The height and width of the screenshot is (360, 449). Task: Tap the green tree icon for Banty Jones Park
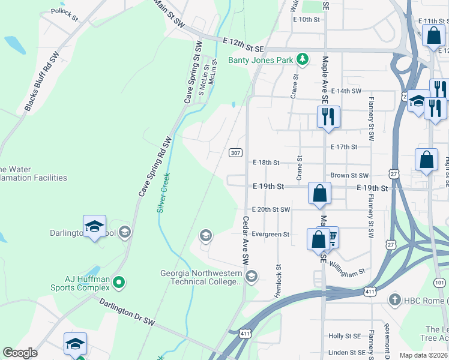click(x=304, y=59)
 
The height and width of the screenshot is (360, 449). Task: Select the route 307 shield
click(x=235, y=153)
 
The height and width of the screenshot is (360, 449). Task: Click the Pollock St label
click(x=65, y=14)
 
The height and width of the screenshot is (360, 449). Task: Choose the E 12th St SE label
click(x=243, y=44)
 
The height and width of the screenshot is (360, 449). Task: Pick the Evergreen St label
click(x=271, y=234)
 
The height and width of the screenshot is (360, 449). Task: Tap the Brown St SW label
click(x=349, y=175)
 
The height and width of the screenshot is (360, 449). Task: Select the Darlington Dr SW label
click(x=127, y=313)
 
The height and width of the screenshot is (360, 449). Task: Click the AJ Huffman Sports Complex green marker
click(x=119, y=281)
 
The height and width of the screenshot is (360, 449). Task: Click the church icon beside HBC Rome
click(x=394, y=299)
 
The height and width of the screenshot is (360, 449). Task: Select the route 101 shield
click(x=440, y=282)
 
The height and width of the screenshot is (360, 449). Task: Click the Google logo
click(x=20, y=353)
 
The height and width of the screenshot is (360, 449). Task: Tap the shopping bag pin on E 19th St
click(x=320, y=193)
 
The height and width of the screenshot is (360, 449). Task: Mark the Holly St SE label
click(x=344, y=336)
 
